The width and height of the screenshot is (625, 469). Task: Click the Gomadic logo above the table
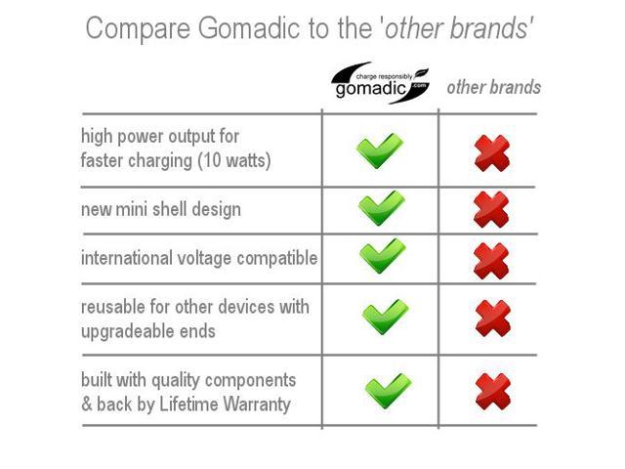(x=380, y=83)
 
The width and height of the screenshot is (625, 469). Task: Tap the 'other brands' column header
(x=494, y=87)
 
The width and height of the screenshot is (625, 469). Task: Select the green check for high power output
(x=380, y=150)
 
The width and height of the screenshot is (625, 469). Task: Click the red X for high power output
(x=492, y=153)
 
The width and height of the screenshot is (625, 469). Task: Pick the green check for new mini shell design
(x=382, y=208)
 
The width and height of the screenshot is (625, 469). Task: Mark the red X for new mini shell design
(x=491, y=209)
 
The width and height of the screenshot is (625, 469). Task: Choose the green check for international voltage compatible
(x=383, y=256)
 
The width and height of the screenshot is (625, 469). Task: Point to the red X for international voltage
(x=491, y=261)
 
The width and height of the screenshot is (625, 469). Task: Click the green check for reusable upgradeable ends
(x=386, y=317)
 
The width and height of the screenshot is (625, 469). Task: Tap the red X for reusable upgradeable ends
(x=493, y=319)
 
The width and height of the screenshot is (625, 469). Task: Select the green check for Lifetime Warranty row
(x=389, y=391)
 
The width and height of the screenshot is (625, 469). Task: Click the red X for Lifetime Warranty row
(x=493, y=392)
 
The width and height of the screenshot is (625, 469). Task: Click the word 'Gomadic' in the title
(x=249, y=28)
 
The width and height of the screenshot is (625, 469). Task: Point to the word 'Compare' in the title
(x=138, y=29)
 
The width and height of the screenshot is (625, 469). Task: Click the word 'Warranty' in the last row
(x=257, y=404)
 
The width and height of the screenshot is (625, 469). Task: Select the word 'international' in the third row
(x=127, y=258)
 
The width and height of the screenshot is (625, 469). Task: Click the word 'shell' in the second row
(x=170, y=209)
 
